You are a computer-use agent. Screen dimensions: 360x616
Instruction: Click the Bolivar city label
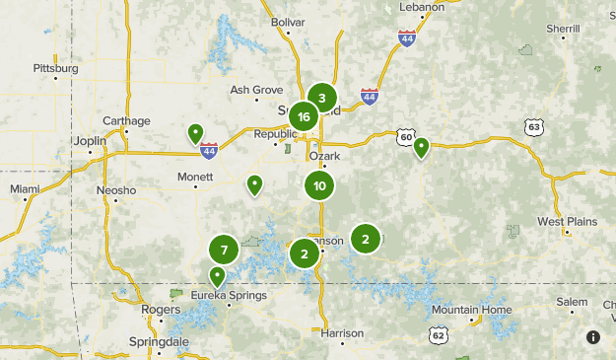tap(289, 21)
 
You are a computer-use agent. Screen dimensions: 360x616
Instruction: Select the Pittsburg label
tap(54, 69)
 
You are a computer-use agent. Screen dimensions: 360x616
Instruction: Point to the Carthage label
tap(126, 121)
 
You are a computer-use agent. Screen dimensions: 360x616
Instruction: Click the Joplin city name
tap(89, 141)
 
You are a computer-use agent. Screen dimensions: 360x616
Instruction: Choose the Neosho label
tap(115, 189)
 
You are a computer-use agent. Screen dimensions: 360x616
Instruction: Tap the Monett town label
tap(195, 177)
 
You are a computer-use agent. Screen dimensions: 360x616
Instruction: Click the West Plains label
tap(568, 221)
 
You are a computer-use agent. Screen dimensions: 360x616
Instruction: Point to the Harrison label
tap(343, 332)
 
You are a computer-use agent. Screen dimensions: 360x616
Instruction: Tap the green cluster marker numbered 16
tap(304, 117)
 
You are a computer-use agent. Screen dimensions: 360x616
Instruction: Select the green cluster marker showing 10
tap(319, 185)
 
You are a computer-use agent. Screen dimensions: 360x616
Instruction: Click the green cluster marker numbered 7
tap(224, 250)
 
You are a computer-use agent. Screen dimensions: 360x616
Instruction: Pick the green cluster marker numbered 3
tap(321, 98)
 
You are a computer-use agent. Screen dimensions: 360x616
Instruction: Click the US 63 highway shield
tap(533, 127)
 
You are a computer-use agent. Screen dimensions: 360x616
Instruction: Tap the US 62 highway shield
tap(438, 336)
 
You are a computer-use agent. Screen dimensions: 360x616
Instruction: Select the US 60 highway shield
tap(405, 136)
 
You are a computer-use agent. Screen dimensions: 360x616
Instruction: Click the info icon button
tap(593, 337)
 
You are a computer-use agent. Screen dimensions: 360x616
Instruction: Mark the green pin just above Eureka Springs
tap(217, 275)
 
